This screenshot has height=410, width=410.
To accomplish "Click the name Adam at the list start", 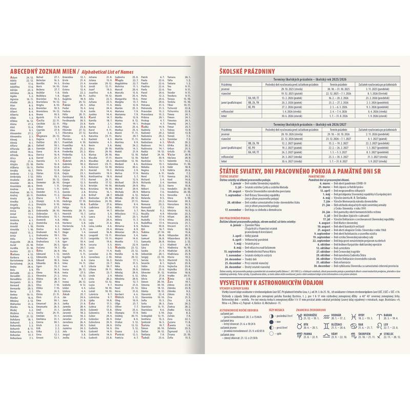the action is point(13,77).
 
